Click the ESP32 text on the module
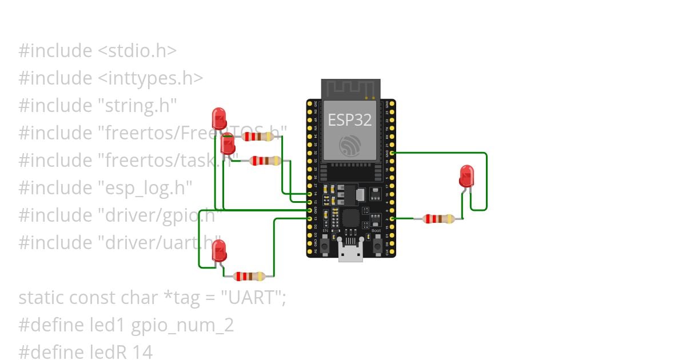(x=350, y=119)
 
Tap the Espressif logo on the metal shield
(x=349, y=145)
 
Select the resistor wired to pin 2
(x=438, y=219)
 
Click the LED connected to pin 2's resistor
(x=466, y=176)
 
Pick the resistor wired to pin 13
(x=250, y=277)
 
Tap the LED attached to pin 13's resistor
(x=219, y=250)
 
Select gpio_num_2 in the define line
(x=182, y=325)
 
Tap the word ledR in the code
(x=114, y=352)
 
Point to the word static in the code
(x=41, y=298)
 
